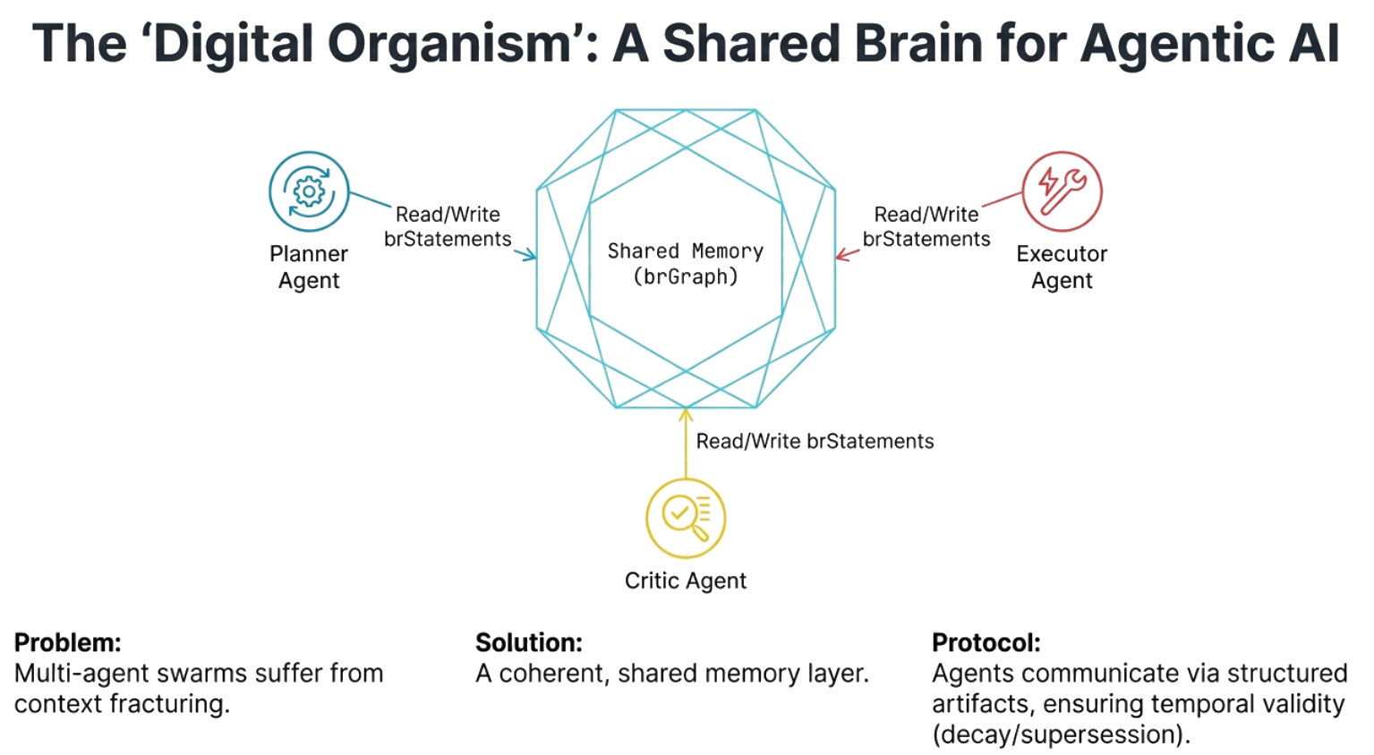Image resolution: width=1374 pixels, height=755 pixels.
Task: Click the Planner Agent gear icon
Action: click(309, 191)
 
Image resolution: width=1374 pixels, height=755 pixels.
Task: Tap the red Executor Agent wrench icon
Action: click(1062, 191)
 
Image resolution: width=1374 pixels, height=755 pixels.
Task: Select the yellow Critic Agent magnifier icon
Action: click(686, 518)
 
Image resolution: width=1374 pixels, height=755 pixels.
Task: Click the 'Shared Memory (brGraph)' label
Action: click(686, 264)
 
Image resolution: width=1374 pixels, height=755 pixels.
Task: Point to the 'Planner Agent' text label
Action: click(309, 267)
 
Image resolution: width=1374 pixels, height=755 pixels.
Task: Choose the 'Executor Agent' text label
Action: click(1062, 267)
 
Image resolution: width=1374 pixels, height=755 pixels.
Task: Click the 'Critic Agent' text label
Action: click(686, 581)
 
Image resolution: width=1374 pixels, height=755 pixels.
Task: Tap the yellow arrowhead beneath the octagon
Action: click(686, 414)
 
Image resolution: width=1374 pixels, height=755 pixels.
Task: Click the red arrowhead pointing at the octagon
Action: click(841, 256)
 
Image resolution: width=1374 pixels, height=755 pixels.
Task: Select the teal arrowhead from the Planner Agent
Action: click(530, 256)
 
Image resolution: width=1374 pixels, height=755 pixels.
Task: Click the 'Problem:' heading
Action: click(68, 642)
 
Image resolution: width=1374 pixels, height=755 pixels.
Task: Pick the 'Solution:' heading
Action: click(529, 642)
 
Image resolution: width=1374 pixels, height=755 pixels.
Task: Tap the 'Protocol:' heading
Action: click(986, 642)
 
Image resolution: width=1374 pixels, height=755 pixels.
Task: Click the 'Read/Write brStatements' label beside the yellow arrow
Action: click(815, 441)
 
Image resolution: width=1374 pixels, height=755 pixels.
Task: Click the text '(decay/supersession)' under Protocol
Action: click(1061, 734)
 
